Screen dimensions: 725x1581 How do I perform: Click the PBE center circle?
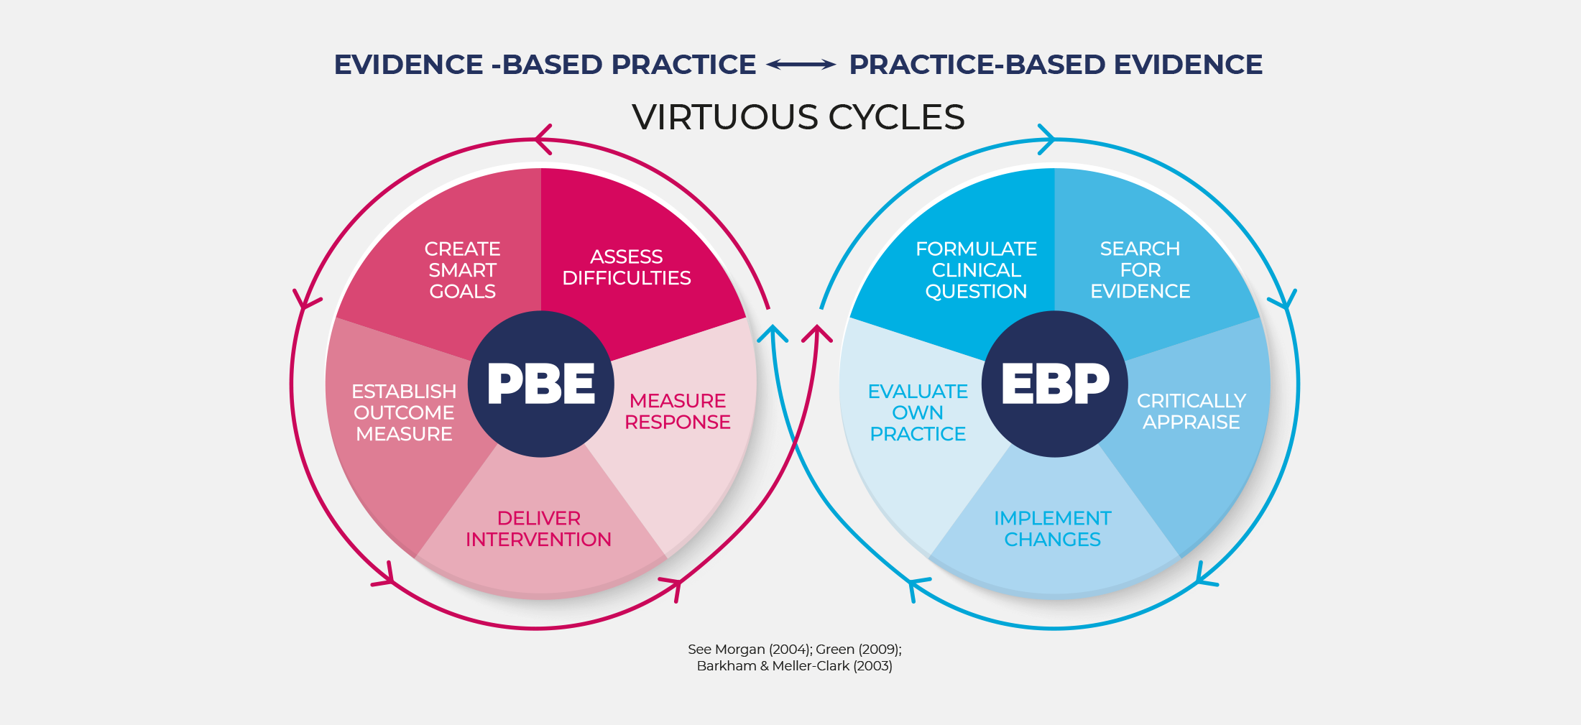point(540,384)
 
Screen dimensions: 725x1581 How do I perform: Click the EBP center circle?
point(1054,384)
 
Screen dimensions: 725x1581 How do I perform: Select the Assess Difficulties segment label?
point(626,267)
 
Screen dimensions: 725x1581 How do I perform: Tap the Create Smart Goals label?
point(462,270)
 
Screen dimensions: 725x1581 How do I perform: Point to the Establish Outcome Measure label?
point(404,412)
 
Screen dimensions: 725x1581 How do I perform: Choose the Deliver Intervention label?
point(538,529)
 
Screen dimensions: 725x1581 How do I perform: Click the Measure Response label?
point(677,411)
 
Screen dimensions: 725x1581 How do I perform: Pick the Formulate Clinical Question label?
point(976,270)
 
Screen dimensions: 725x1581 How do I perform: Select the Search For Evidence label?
point(1140,270)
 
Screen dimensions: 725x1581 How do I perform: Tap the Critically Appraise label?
point(1191,411)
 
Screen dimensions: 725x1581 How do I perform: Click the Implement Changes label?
point(1052,529)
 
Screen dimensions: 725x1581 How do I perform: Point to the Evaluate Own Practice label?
point(918,412)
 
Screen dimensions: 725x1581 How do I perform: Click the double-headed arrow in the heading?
point(801,65)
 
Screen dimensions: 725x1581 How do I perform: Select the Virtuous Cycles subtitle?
point(798,117)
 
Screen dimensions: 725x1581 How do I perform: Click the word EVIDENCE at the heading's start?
point(408,65)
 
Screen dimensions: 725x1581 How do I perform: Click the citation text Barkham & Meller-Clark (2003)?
point(794,666)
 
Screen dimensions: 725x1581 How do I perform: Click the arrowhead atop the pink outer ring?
point(543,139)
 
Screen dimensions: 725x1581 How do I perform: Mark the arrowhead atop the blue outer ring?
point(1046,139)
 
